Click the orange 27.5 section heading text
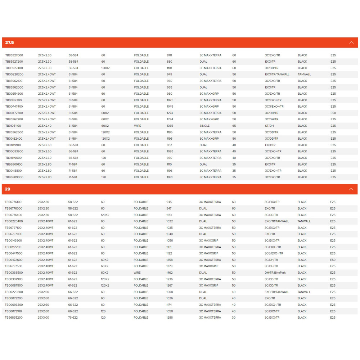pyautogui.click(x=9, y=42)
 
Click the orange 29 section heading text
pyautogui.click(x=8, y=189)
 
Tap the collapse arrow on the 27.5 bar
pyautogui.click(x=351, y=42)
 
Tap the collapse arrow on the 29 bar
pyautogui.click(x=351, y=189)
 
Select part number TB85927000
pyautogui.click(x=14, y=55)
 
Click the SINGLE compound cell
pyautogui.click(x=204, y=126)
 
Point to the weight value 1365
pyautogui.click(x=170, y=126)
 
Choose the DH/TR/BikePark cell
pyautogui.click(x=275, y=273)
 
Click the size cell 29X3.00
pyautogui.click(x=43, y=318)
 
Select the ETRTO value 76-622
pyautogui.click(x=73, y=318)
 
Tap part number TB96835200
pyautogui.click(x=14, y=318)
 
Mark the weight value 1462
pyautogui.click(x=170, y=273)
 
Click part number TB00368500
pyautogui.click(x=14, y=273)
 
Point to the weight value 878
pyautogui.click(x=170, y=55)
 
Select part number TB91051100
pyautogui.click(x=14, y=126)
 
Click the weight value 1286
pyautogui.click(x=170, y=318)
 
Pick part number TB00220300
pyautogui.click(x=14, y=292)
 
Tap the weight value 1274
pyautogui.click(x=170, y=113)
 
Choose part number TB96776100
pyautogui.click(x=13, y=202)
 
